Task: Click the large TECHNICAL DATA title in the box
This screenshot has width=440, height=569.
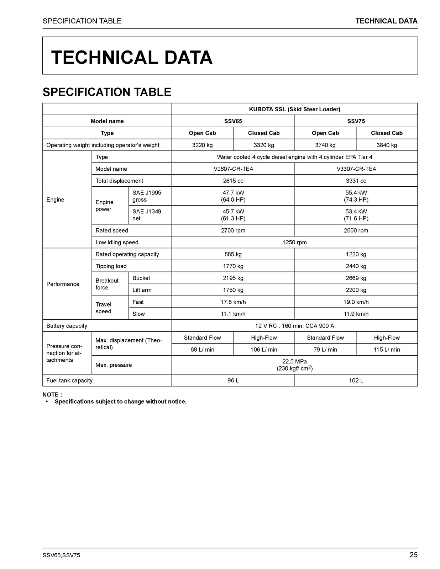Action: coord(132,58)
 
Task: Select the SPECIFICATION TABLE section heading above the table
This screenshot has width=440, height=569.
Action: coord(107,92)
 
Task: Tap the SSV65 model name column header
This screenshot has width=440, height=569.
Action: coord(233,121)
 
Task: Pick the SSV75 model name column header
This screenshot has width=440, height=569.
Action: coord(356,121)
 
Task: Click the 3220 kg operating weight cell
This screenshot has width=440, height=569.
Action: coord(202,145)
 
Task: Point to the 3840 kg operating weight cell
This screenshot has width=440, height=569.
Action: coord(387,145)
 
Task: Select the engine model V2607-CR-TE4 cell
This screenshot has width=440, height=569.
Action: coord(233,169)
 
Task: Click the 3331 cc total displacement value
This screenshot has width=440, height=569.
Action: coord(356,181)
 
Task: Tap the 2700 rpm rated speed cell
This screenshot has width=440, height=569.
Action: coord(233,230)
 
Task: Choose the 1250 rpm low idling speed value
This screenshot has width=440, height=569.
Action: coord(294,243)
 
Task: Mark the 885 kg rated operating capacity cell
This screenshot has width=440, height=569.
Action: coord(233,254)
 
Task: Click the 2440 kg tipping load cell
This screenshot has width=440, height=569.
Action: coord(356,266)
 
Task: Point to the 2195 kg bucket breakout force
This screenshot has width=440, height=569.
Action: coord(233,278)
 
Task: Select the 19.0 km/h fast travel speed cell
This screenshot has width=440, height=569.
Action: coord(356,302)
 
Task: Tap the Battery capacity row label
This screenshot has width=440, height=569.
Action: coord(67,326)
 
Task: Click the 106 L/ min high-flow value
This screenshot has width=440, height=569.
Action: coord(264,350)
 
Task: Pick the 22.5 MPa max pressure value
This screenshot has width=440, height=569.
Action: coord(294,362)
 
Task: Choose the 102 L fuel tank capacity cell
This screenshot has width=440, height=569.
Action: coord(356,381)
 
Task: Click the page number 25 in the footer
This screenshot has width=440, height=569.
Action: coord(413,555)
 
